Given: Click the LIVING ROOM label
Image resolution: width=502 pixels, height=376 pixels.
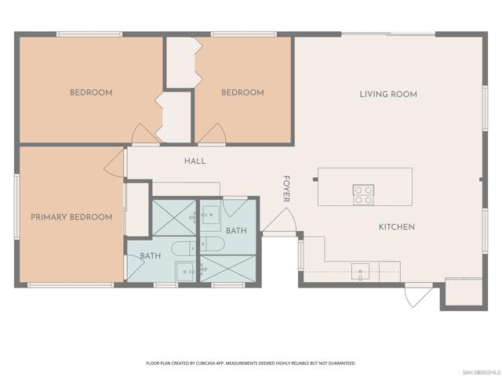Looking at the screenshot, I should coord(387,94).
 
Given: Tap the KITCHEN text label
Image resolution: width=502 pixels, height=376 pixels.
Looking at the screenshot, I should coord(396,227).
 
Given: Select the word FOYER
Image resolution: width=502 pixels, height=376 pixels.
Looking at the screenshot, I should coord(287,189).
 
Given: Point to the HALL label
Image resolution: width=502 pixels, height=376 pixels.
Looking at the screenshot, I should coord(195,161).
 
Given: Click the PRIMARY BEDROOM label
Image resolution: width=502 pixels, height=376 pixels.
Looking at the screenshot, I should coord(71,217).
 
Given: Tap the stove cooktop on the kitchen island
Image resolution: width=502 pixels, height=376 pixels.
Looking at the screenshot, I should coord(363,194).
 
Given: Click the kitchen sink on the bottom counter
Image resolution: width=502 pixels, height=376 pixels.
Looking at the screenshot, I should coord(361,270).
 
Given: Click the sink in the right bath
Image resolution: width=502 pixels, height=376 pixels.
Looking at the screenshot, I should coord(209,213).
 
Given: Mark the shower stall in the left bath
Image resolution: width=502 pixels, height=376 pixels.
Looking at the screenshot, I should coord(173,217).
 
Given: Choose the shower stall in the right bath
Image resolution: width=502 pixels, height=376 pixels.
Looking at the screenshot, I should coord(228,268).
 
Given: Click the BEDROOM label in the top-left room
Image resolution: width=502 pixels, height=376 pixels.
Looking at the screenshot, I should coord(91,92).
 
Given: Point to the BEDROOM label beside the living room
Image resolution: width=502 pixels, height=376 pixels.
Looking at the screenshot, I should coord(242,92).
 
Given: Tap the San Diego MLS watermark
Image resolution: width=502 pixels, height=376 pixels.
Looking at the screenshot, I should coord(480,371).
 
